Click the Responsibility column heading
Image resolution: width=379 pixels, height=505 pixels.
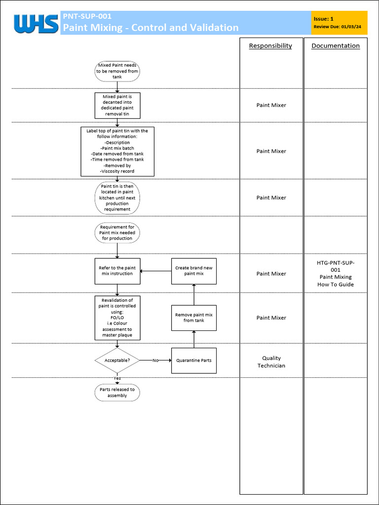click(x=270, y=46)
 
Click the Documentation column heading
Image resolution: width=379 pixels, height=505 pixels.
click(x=336, y=46)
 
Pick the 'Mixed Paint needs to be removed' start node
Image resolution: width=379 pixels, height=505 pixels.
click(x=117, y=71)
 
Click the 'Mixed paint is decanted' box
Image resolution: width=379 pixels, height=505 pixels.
click(x=117, y=105)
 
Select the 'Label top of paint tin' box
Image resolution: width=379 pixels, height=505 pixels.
click(x=117, y=151)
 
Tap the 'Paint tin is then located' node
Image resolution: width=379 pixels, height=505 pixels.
click(x=117, y=197)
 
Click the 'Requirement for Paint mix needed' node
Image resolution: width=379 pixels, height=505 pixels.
click(x=117, y=233)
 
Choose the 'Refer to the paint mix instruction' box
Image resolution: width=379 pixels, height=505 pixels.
click(x=117, y=271)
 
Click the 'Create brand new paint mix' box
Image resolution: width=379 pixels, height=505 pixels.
click(x=193, y=271)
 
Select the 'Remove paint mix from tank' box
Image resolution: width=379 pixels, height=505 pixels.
click(x=193, y=318)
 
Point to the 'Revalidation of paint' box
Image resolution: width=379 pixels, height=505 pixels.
click(x=117, y=318)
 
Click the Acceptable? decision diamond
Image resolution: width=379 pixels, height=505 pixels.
click(x=117, y=361)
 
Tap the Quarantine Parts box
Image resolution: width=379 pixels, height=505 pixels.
click(x=193, y=361)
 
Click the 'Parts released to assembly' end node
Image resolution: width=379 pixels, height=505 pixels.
click(x=117, y=393)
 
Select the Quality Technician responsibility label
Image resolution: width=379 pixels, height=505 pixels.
click(x=271, y=362)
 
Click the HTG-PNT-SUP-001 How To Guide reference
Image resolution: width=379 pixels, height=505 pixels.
click(x=336, y=273)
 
